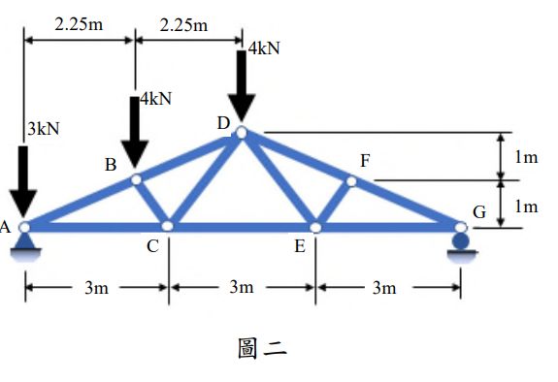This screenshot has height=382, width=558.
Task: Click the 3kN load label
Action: [43, 129]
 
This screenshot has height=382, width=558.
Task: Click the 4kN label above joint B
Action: [155, 99]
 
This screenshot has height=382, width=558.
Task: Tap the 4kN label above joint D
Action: [264, 48]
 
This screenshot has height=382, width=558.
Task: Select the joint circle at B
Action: [136, 178]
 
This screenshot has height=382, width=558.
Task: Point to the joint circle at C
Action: [168, 226]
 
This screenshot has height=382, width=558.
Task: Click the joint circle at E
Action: [315, 227]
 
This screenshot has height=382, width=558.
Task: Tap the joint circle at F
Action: [351, 180]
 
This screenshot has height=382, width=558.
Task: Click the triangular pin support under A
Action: [24, 250]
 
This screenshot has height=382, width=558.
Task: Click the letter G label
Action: [479, 211]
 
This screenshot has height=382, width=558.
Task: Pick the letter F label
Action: [364, 160]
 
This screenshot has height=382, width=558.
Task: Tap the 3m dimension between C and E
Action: [242, 287]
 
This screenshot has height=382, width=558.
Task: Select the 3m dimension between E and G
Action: [385, 287]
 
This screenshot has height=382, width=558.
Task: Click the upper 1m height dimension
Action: [525, 157]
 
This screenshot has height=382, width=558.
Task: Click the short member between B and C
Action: [152, 203]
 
